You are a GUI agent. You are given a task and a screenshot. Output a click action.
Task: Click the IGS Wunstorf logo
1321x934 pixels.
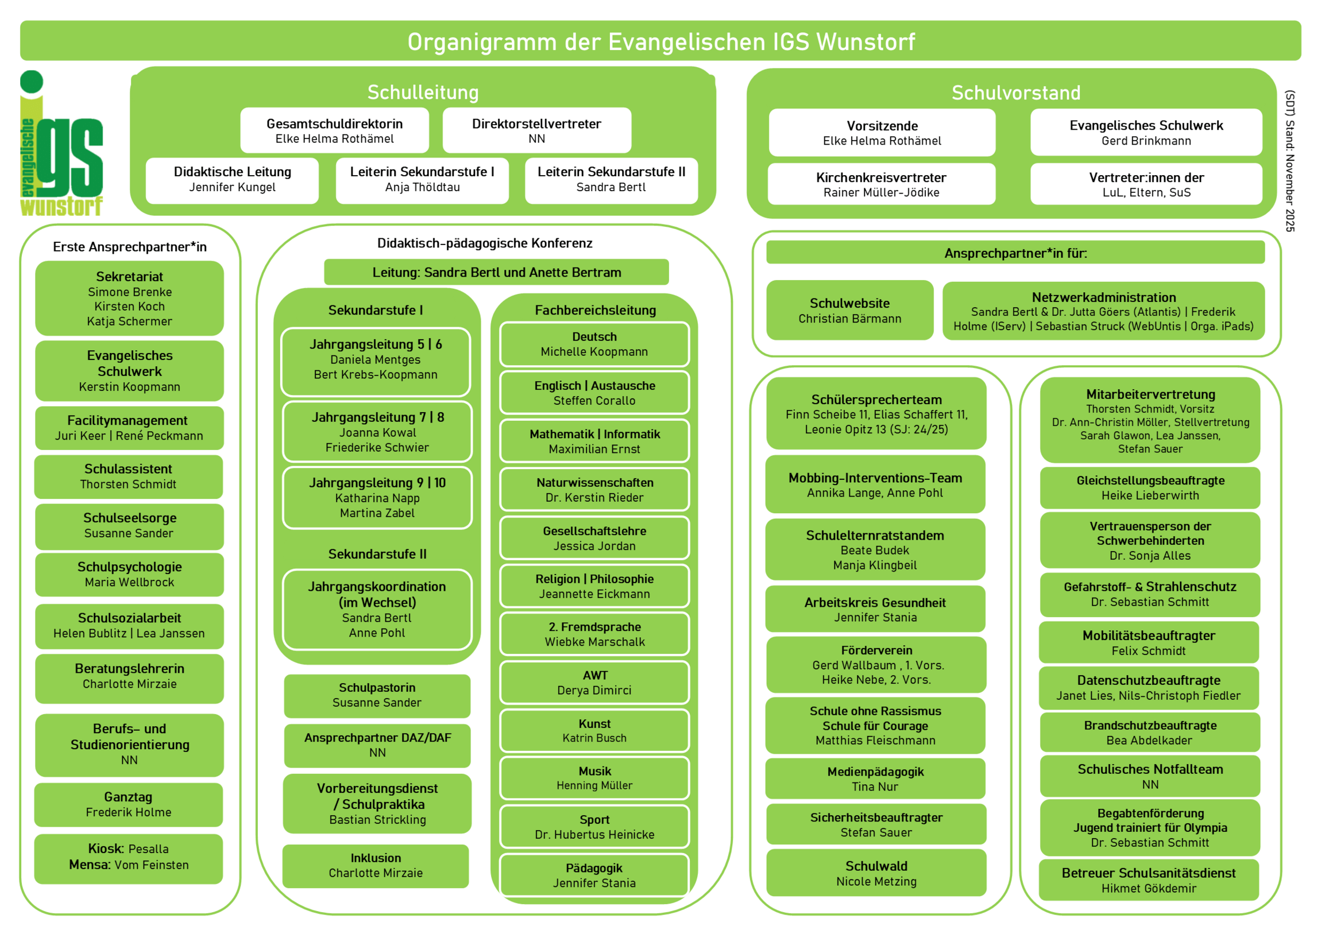click(x=61, y=144)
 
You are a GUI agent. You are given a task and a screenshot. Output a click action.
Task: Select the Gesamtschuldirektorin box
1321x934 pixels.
click(x=334, y=130)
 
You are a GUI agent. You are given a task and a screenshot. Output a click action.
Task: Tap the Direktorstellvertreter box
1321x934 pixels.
click(x=536, y=130)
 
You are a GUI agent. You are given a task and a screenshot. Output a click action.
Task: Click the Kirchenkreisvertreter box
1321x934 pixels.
click(x=881, y=184)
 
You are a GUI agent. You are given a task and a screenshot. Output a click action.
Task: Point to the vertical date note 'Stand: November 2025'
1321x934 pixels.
click(x=1290, y=161)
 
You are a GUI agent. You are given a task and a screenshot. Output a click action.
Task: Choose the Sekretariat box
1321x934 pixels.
click(x=129, y=298)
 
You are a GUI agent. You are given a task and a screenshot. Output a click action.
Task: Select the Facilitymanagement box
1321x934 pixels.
click(x=129, y=428)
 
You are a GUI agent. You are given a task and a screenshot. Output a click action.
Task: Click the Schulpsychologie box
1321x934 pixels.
click(x=129, y=574)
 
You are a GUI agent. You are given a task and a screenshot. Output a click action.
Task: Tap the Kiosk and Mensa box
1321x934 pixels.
click(x=128, y=858)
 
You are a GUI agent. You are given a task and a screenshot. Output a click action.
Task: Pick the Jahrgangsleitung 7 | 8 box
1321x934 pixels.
click(x=377, y=432)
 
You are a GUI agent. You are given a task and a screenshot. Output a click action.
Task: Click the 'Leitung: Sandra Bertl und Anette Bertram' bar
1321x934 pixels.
click(x=496, y=272)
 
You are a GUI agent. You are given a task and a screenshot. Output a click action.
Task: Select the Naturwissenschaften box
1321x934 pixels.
click(x=594, y=490)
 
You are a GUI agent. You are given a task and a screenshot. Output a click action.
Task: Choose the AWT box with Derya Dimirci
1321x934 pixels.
click(x=594, y=683)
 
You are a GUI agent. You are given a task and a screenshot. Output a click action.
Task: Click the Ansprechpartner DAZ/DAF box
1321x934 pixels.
click(x=377, y=745)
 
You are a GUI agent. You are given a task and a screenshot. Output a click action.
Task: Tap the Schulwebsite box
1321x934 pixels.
click(x=849, y=311)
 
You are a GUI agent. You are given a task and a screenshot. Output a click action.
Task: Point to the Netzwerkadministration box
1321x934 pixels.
click(x=1103, y=311)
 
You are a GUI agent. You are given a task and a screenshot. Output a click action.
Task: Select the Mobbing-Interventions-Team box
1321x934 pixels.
click(x=875, y=485)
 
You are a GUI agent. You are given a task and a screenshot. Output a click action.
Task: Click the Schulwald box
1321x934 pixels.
click(x=876, y=873)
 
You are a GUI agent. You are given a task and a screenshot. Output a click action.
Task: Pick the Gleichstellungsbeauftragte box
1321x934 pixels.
click(x=1149, y=488)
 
